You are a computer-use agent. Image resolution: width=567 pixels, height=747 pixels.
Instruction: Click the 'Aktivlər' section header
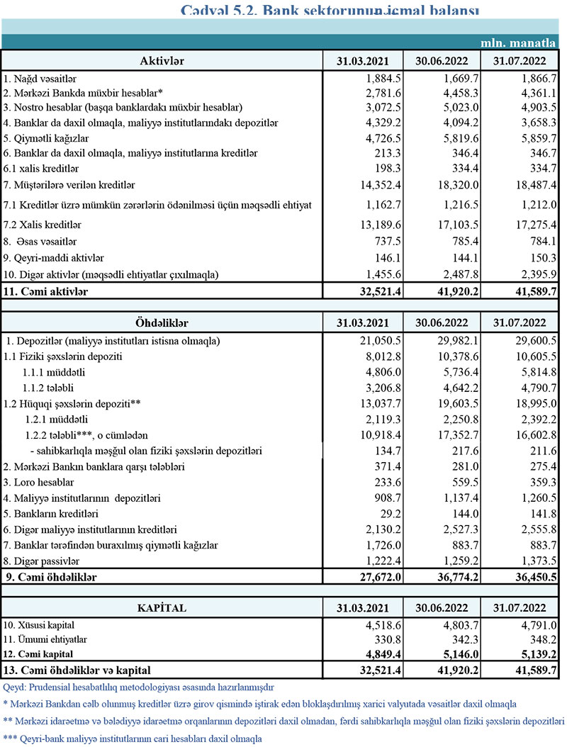click(162, 60)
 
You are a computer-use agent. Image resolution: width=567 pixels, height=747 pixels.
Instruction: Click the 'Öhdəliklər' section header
click(162, 322)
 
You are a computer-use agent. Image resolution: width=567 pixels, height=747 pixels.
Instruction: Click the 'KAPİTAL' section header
click(162, 608)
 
